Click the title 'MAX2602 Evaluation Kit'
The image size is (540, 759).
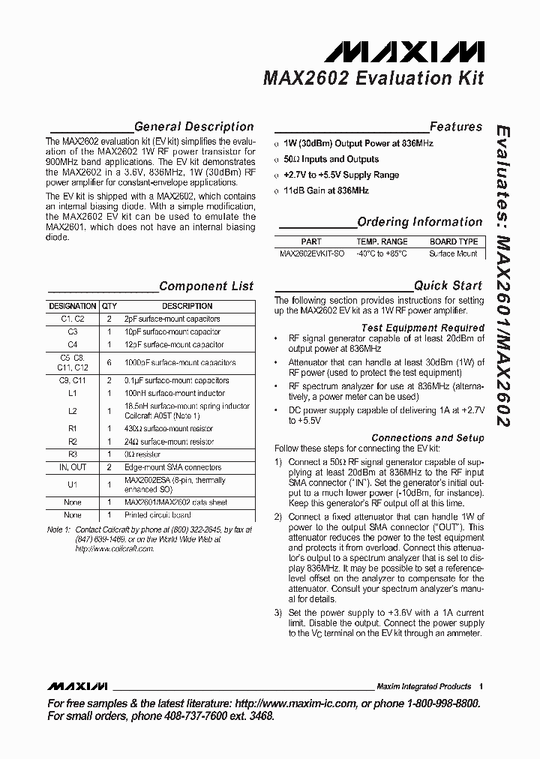coord(373,78)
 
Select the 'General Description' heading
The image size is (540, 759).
coord(193,127)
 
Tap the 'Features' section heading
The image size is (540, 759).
coord(456,127)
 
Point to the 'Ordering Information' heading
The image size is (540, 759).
coord(420,222)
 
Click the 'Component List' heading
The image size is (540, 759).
coord(206,286)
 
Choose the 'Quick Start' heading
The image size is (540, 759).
coord(448,286)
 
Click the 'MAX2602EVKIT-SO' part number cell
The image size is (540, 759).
coord(311,253)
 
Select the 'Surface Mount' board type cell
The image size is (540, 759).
coord(453,253)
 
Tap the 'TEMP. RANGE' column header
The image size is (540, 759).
coord(382,241)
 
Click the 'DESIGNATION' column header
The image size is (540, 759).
coord(73,306)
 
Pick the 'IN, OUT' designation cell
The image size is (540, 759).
coord(73,467)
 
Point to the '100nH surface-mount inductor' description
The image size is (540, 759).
coord(175,393)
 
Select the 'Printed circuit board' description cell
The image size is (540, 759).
coord(157,515)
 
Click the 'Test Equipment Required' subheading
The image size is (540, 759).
coord(423,328)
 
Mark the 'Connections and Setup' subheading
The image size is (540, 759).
coord(428,437)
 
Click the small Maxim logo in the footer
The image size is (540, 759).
coord(77,686)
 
